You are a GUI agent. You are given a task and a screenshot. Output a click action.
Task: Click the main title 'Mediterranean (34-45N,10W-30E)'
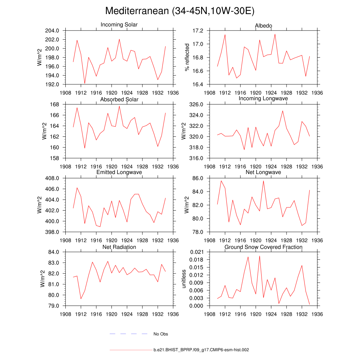tap(180, 11)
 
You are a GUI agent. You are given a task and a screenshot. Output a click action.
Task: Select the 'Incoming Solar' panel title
tap(119, 25)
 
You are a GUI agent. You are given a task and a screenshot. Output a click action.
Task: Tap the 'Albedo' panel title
tap(263, 26)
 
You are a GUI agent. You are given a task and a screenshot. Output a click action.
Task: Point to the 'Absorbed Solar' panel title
tap(119, 99)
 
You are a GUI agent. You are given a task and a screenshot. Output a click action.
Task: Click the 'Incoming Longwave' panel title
tap(263, 98)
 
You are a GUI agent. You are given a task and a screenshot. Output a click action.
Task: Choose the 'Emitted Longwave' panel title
tap(119, 172)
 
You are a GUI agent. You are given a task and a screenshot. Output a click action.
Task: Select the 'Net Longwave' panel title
tap(263, 172)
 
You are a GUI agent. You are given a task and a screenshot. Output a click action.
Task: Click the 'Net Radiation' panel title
tap(119, 247)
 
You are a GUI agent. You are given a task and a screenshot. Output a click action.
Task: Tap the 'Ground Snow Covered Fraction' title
tap(263, 247)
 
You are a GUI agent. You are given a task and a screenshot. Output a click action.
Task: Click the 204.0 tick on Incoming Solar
tap(52, 31)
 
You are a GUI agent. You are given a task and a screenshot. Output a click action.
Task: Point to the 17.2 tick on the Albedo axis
tap(198, 31)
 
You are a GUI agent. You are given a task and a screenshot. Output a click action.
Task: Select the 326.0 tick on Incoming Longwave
tap(196, 104)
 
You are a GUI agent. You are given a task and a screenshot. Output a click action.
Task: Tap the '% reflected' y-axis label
tap(187, 57)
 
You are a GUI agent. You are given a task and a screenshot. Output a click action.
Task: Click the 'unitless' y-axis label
tap(183, 279)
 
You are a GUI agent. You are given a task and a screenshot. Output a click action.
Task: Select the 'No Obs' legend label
tap(161, 334)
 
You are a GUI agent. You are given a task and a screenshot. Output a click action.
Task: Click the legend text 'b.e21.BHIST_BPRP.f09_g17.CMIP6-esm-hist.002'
tap(201, 350)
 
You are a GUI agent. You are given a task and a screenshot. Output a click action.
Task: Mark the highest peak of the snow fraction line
tap(259, 256)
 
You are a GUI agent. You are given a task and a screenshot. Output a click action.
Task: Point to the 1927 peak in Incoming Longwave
tap(283, 111)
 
